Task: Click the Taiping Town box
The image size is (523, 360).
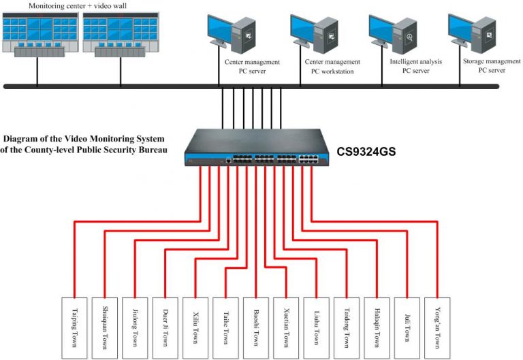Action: [x=74, y=328]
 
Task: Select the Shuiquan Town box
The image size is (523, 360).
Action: [x=105, y=328]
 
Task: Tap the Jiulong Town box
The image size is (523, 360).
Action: [x=135, y=328]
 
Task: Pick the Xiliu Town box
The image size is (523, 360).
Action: [x=195, y=328]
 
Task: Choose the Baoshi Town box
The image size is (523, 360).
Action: [x=256, y=328]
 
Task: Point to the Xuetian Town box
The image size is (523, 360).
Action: [x=286, y=328]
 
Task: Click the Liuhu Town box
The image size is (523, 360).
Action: [x=316, y=328]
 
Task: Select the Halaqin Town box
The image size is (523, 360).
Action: [x=377, y=328]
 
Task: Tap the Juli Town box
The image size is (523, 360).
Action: [x=407, y=328]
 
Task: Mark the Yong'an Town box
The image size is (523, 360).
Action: [x=437, y=328]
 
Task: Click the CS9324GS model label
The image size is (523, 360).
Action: [x=366, y=151]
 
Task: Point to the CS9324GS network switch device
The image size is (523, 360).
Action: [x=256, y=147]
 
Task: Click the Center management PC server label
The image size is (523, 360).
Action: [x=252, y=66]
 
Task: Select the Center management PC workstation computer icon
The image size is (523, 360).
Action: [x=314, y=33]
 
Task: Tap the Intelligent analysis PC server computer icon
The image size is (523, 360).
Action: [x=393, y=34]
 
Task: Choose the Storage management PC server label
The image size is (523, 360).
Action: [x=492, y=65]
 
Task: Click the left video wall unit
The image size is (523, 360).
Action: [x=40, y=34]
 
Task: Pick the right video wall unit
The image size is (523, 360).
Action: [x=121, y=34]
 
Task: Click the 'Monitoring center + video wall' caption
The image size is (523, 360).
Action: [x=78, y=5]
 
